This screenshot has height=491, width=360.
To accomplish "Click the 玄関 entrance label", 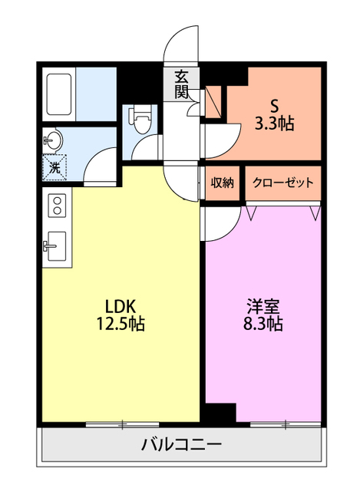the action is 181,84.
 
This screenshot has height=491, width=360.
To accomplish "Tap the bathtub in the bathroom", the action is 59,94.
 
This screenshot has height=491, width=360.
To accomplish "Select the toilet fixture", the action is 140,119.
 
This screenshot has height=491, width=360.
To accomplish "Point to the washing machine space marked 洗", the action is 54,167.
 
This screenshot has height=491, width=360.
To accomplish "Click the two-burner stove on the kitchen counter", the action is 57,206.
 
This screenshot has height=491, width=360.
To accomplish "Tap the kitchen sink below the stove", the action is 55,246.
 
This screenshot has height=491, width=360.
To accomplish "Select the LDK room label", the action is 121,307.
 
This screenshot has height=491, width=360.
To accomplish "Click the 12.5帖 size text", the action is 121,324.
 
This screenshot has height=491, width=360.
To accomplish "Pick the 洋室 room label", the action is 263,307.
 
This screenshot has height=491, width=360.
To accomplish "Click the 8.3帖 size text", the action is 263,324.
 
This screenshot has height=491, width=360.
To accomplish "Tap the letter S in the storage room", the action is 275,107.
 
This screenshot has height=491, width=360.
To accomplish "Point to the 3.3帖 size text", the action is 275,124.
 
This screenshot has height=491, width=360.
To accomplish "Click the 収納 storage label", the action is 222,183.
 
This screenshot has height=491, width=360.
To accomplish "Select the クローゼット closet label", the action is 283,183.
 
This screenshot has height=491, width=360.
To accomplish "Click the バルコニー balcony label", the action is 181,444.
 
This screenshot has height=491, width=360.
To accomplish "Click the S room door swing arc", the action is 231,148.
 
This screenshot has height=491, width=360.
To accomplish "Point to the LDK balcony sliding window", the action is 122,424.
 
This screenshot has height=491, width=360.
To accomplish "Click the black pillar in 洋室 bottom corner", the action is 220,413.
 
